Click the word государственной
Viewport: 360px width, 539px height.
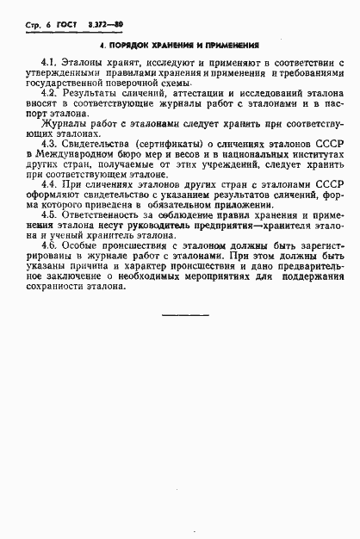coord(59,86)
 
